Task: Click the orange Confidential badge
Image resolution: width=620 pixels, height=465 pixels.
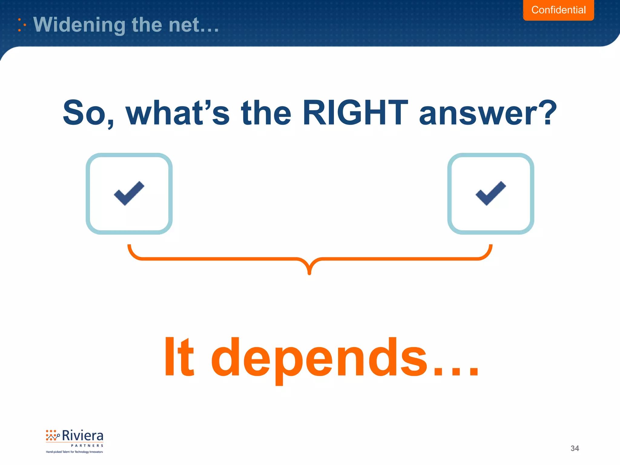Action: click(558, 10)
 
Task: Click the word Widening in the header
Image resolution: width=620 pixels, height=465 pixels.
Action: click(79, 25)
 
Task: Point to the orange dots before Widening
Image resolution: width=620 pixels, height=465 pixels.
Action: click(21, 25)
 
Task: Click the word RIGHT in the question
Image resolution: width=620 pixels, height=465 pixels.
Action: click(355, 113)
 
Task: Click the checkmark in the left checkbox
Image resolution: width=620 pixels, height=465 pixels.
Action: click(129, 194)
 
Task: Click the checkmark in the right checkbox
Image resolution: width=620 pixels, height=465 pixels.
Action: click(491, 194)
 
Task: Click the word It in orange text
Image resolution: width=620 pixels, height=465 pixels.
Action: click(179, 357)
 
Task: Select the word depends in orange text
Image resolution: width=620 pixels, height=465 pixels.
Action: click(319, 359)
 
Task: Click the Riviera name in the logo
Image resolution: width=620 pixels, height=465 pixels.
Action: click(82, 436)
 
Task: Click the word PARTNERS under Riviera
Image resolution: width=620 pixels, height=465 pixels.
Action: click(87, 446)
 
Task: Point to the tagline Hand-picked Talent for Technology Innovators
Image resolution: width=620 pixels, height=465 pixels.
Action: click(74, 452)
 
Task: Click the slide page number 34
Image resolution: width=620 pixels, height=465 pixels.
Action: click(575, 448)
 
